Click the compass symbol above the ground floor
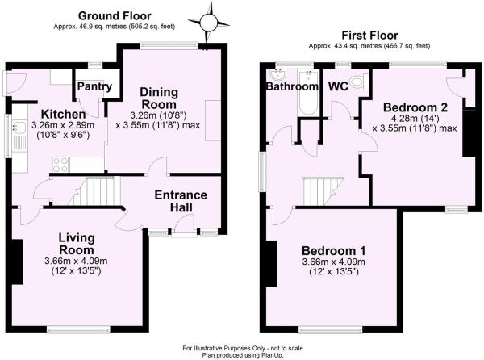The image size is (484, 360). point(209,23)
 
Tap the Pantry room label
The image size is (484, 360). point(94,86)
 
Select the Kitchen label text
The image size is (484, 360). point(63,115)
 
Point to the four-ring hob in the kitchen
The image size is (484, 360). point(60,164)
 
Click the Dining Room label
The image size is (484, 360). point(159,98)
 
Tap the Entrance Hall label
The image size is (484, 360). point(181,201)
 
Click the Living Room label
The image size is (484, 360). point(77,244)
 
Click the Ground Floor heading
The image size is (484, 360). point(115,15)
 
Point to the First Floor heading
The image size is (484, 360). point(369,36)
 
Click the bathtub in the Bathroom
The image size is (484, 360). point(307,92)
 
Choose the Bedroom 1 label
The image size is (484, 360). point(334,251)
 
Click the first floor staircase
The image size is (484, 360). point(323,190)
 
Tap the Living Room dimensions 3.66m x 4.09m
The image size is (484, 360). point(76,262)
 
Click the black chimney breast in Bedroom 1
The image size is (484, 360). point(272,263)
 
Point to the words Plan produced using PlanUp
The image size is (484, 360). point(243,355)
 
